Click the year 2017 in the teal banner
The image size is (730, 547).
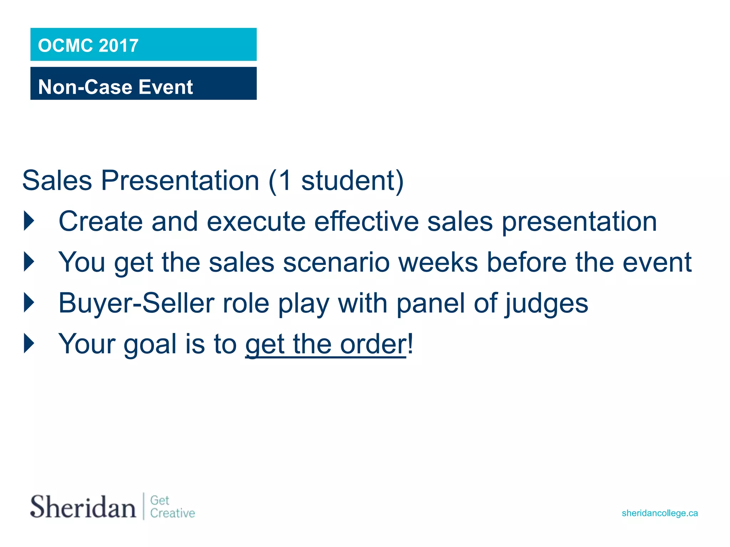click(118, 46)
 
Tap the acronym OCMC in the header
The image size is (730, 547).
click(66, 46)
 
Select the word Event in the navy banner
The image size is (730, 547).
click(166, 87)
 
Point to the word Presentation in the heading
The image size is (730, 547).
click(180, 181)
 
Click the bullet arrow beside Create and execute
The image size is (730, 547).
click(29, 221)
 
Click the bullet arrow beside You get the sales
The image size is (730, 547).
click(29, 262)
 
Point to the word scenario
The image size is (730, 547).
click(336, 262)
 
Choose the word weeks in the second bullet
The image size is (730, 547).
click(438, 262)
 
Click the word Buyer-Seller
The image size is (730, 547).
click(137, 303)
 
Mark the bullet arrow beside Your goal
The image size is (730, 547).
click(29, 343)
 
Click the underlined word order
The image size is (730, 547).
click(373, 344)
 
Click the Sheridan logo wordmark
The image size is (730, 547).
click(83, 506)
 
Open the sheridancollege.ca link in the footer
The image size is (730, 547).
click(660, 513)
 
